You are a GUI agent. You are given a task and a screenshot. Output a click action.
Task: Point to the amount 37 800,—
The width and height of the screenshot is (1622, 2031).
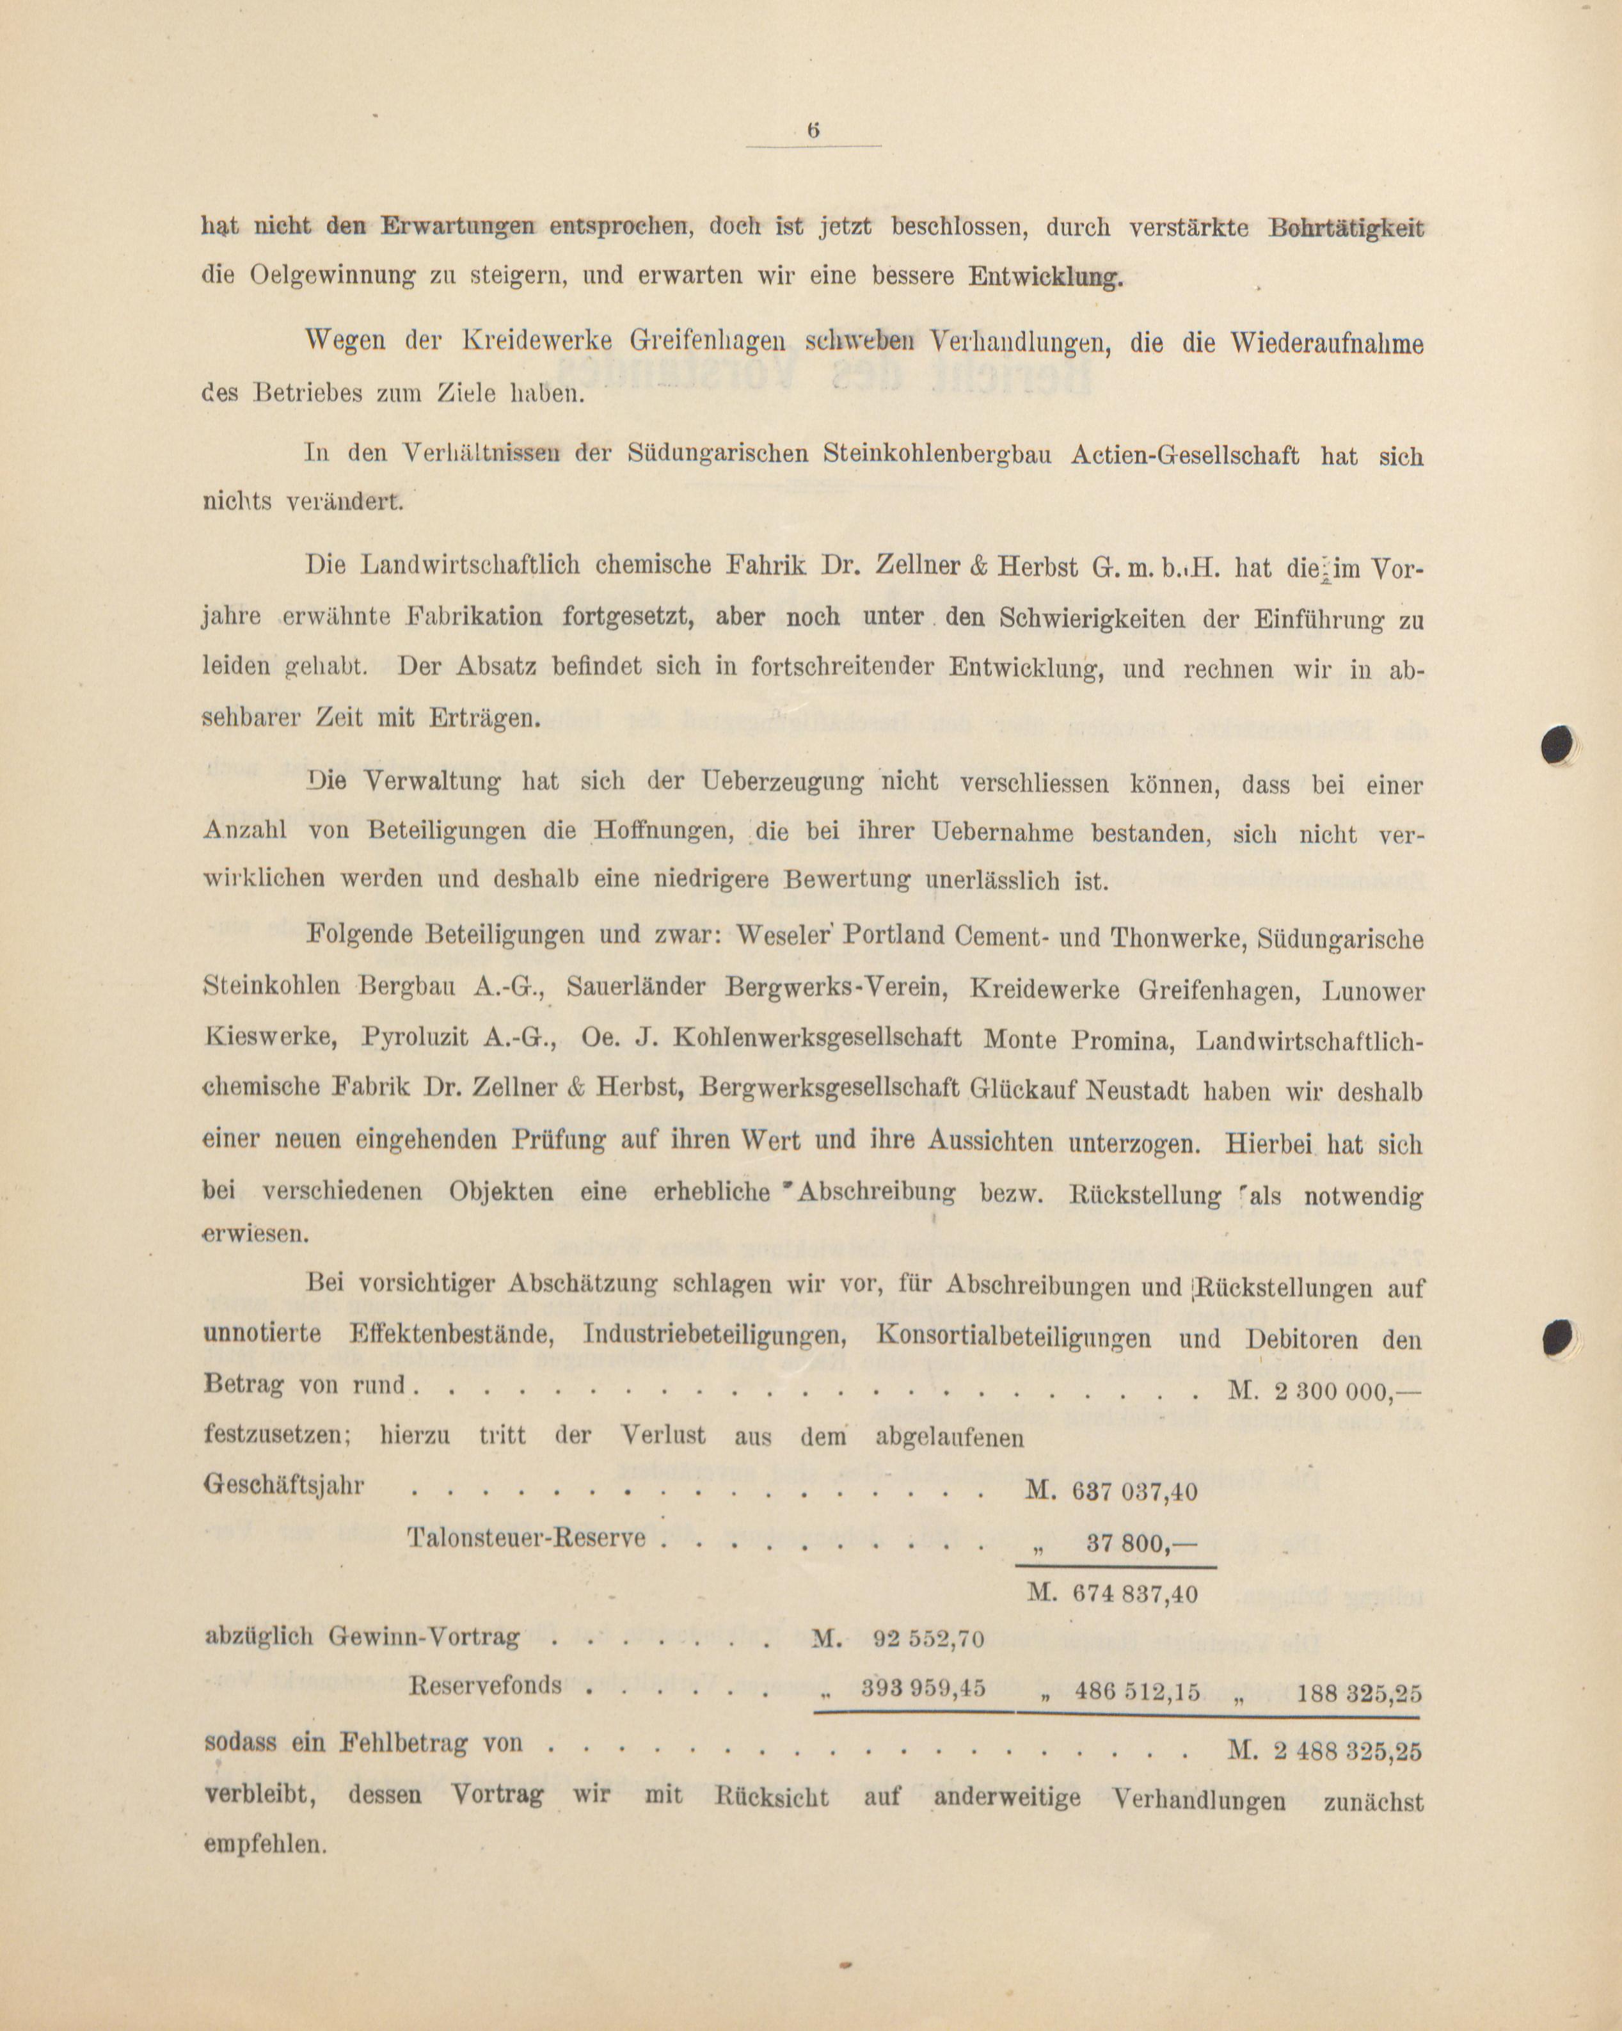1140,1542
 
